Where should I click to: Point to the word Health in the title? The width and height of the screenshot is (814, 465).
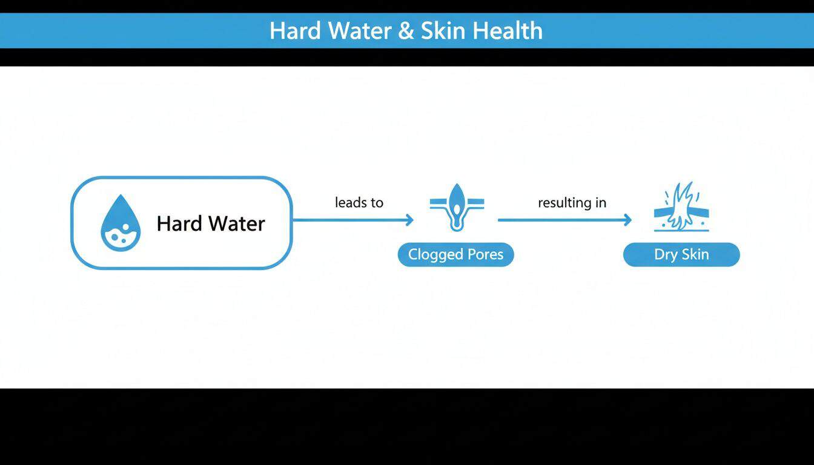508,31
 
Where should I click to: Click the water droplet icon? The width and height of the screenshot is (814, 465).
120,223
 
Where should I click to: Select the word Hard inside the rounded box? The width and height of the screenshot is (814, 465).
178,223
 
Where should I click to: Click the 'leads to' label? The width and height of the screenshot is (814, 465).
359,202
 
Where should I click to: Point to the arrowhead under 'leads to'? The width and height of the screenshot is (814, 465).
409,220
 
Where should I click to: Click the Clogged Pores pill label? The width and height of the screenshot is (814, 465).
455,254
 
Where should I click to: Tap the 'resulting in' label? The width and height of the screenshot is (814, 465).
572,202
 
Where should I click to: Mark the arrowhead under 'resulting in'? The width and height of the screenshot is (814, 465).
627,220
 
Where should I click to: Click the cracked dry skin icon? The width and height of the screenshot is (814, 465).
681,207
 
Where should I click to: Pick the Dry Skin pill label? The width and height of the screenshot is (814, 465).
681,254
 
